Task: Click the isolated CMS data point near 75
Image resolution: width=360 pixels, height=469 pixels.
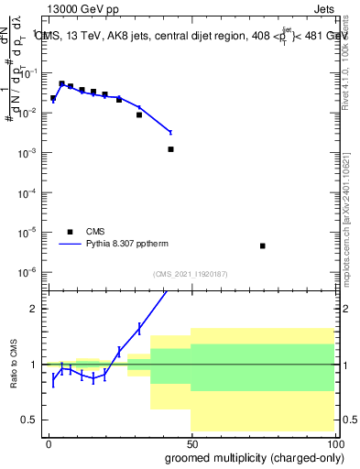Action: (263, 245)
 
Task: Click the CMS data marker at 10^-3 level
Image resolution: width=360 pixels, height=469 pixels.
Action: (170, 148)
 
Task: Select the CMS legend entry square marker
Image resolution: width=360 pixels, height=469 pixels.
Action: (70, 232)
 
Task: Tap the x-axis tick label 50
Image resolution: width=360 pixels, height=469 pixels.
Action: (191, 443)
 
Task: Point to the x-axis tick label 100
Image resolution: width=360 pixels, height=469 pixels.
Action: (333, 443)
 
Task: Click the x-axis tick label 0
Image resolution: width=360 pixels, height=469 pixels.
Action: (49, 443)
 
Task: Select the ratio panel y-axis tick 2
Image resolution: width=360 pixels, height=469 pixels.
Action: (35, 309)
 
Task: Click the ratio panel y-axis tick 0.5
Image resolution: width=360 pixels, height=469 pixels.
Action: (31, 420)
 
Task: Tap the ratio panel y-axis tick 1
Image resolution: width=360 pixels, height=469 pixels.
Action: (35, 365)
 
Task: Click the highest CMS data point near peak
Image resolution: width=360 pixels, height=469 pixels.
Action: (61, 83)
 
